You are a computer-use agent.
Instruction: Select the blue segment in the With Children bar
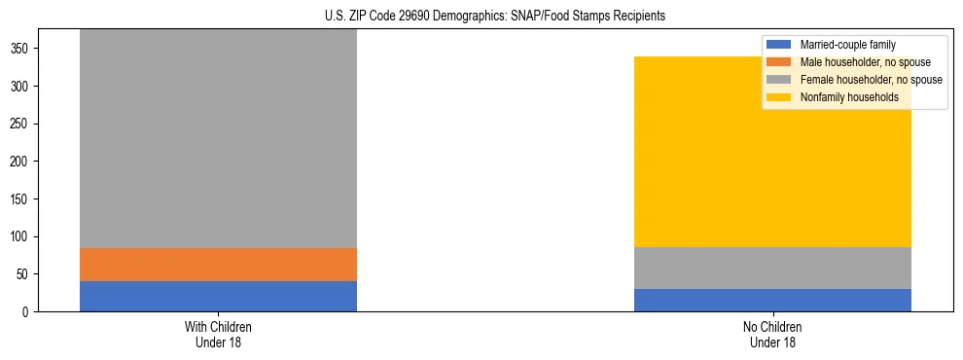[218, 296]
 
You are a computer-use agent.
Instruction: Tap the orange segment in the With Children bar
[218, 265]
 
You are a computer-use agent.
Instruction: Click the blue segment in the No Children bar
[772, 300]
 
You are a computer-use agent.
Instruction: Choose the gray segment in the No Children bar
[772, 268]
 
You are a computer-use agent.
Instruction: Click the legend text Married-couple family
[847, 45]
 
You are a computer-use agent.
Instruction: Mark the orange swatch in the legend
[779, 62]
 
